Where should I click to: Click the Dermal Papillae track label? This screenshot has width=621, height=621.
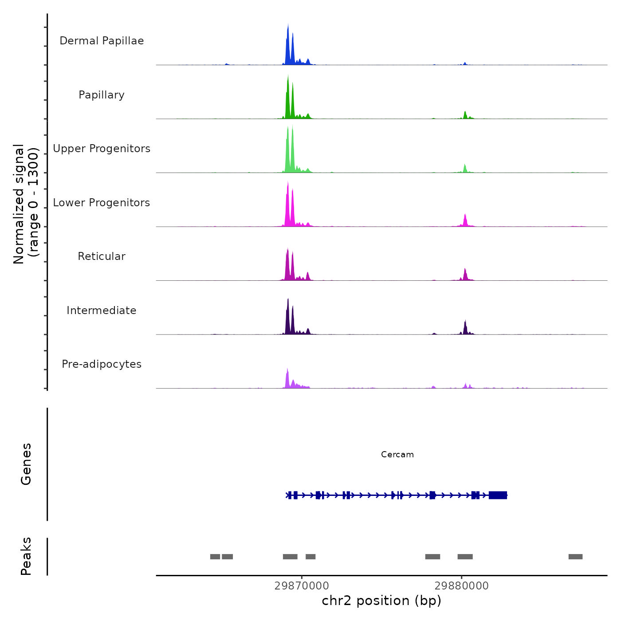102,41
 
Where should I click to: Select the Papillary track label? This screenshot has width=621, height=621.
102,95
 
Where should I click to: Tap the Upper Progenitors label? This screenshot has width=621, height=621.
102,149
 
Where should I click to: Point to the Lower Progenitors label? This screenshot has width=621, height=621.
102,203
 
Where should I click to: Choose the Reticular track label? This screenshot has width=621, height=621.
102,256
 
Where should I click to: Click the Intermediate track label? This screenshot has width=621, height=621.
102,310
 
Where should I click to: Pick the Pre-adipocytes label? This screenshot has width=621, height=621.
102,364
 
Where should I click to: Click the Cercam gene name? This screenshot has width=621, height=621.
397,455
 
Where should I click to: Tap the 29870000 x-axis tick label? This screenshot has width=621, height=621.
302,586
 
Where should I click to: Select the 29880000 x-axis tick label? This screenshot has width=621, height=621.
461,586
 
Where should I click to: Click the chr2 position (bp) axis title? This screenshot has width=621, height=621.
381,601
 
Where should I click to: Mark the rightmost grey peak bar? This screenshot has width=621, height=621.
575,557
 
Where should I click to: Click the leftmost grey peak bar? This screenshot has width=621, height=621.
215,557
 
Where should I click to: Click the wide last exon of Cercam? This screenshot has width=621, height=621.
498,495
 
